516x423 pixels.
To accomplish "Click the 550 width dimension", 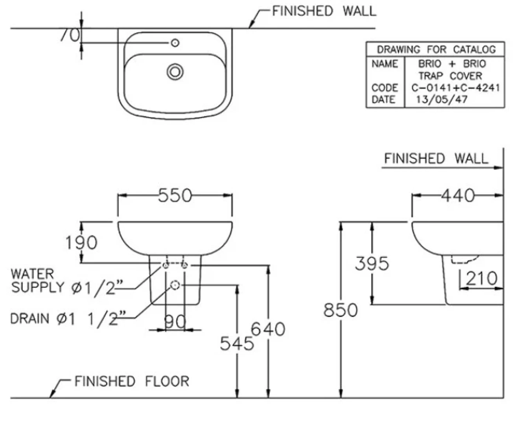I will coord(175,195).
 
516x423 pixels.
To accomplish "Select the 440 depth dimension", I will coord(458,195).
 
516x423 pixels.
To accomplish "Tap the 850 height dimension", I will coord(340,310).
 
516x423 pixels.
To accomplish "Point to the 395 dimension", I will coord(372,263).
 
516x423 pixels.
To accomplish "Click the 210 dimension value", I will coord(481,278).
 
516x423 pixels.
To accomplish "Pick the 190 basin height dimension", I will coord(81,242).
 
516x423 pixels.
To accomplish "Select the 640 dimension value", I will coord(268,329).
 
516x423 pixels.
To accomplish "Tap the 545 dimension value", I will coord(237,344).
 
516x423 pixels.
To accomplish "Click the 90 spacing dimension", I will coord(175,322).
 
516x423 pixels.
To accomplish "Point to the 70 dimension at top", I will coord(70,35).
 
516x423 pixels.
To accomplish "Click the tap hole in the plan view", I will coord(175,43).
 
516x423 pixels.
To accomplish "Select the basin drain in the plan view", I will coord(175,71).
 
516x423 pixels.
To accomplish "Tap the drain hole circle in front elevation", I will coord(175,285).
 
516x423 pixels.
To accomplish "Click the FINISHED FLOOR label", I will coord(132,381).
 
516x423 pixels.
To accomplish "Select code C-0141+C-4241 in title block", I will coord(455,88).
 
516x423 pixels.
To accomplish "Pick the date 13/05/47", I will coord(442,99).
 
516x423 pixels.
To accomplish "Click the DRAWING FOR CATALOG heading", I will coord(436,49).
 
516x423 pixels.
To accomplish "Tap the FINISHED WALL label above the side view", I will coord(436,158).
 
